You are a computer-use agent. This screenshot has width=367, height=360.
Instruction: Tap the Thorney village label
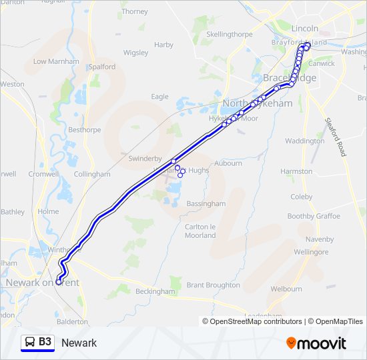tap(135, 11)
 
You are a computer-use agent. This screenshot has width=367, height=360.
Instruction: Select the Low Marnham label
tap(56, 61)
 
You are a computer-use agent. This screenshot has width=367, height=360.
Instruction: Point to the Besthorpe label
tap(84, 130)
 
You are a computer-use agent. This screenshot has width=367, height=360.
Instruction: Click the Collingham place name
tap(92, 174)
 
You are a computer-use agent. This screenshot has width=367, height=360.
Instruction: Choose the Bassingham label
tap(206, 203)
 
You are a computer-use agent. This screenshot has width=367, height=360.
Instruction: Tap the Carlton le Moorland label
tap(200, 231)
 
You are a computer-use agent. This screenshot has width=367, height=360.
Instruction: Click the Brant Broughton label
tap(213, 285)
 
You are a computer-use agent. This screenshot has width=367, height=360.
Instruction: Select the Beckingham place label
tap(155, 291)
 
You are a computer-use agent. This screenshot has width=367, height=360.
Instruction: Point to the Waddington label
tap(305, 141)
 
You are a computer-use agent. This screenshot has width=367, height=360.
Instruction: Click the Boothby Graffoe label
tap(314, 216)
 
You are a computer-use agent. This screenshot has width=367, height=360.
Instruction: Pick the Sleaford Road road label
tap(335, 137)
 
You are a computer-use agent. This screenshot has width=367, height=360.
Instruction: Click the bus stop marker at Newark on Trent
tap(59, 282)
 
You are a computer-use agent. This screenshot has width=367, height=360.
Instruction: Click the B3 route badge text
tap(45, 342)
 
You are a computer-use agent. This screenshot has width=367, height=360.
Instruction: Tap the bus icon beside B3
tap(30, 342)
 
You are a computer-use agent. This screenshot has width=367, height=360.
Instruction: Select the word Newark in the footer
tap(79, 343)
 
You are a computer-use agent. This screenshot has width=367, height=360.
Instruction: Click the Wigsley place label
tap(135, 52)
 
